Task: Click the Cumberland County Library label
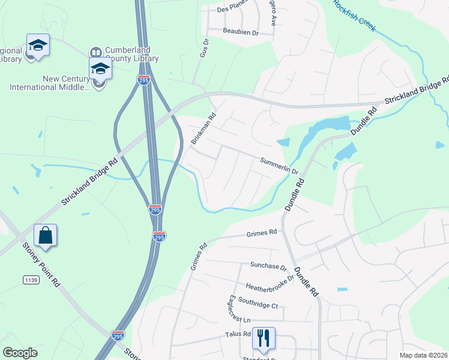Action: point(124,55)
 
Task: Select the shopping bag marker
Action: point(46,236)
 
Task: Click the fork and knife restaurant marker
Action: point(263,338)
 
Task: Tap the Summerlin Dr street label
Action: point(279,166)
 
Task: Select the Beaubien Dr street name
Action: point(240,31)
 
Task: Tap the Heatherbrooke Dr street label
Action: point(270,282)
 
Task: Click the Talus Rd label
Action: point(238,334)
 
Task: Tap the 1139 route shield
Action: point(31,280)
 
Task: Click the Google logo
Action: point(20,353)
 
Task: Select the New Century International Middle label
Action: point(50,83)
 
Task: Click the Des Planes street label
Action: point(232,8)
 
